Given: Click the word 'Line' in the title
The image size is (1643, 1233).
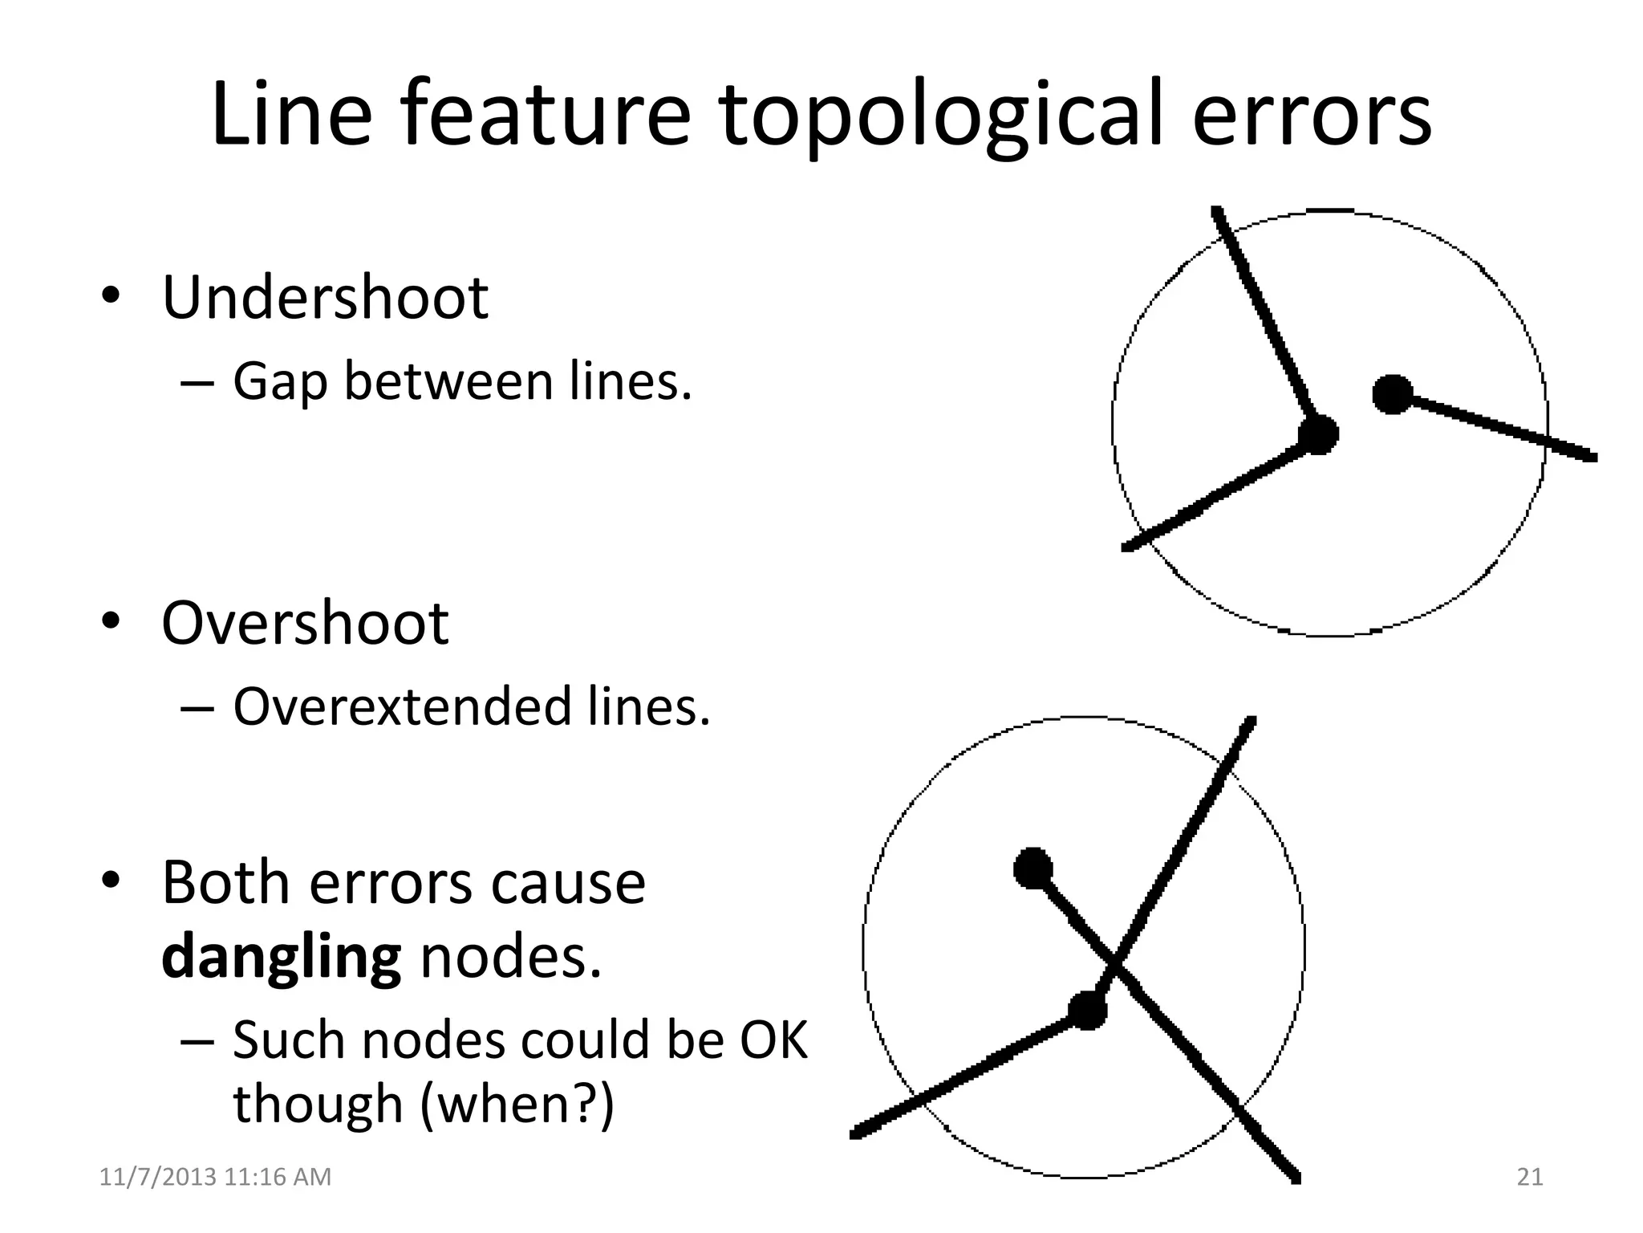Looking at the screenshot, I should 291,115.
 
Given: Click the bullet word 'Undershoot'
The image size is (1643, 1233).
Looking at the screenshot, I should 325,298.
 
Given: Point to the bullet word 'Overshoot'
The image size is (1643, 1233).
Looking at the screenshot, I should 305,623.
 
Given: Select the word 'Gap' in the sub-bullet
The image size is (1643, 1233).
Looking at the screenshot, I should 280,382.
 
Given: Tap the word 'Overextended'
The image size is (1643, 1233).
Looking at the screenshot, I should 400,706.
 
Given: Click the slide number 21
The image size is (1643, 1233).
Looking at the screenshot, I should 1530,1177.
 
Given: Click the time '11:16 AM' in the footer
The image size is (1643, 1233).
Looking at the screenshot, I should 278,1177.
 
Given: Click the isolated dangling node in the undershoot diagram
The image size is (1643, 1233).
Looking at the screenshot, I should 1393,394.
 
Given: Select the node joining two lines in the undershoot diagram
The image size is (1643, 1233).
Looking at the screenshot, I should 1319,434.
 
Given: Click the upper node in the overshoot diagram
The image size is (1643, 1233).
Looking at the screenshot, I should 1033,868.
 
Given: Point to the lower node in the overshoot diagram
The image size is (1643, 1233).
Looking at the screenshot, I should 1088,1010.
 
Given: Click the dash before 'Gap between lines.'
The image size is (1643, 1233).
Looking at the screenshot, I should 197,383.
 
